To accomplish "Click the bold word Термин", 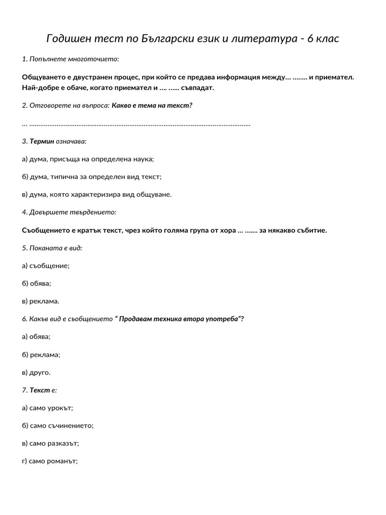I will pos(42,141).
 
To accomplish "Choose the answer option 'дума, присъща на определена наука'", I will pos(88,159).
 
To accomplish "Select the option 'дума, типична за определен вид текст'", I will pos(92,177).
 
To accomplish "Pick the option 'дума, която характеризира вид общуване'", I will pos(97,194).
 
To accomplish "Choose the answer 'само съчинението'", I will pos(58,425).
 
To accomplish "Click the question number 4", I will pos(25,212).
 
